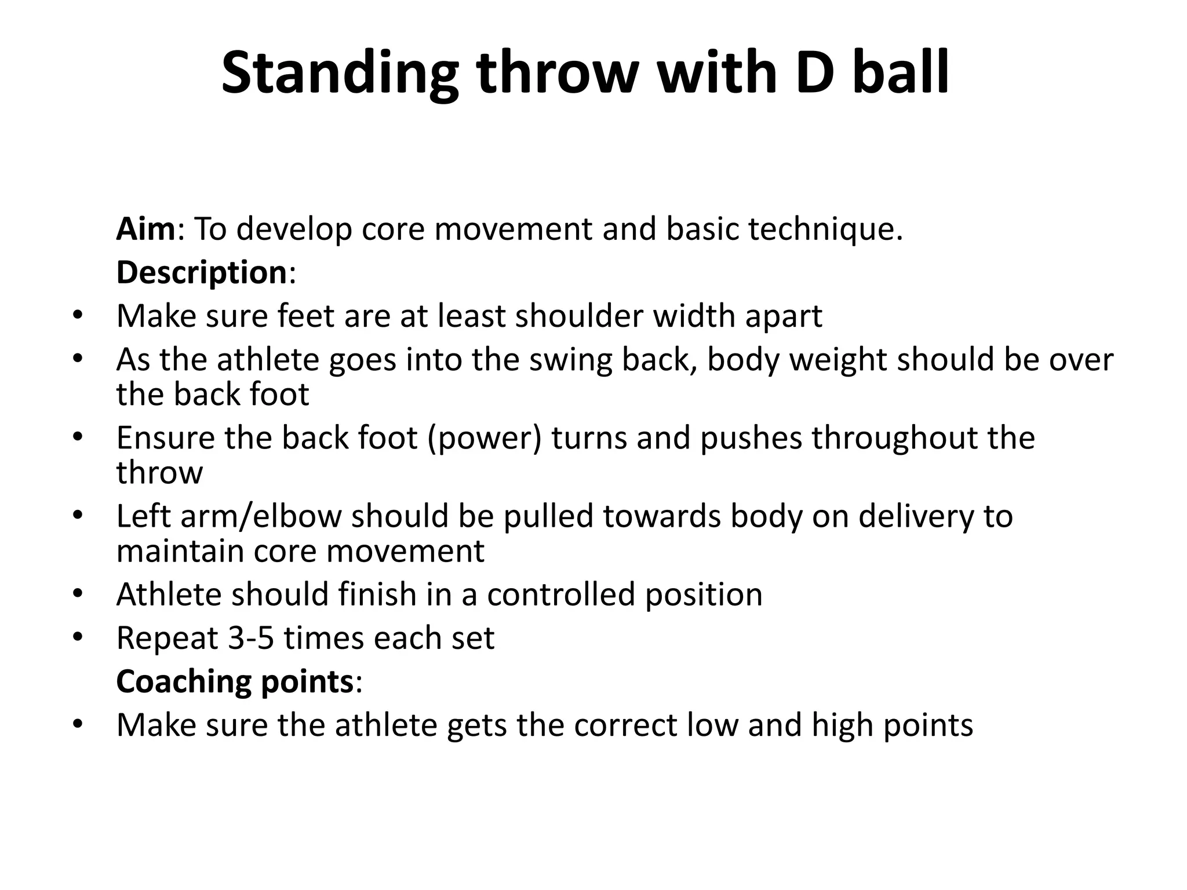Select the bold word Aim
[145, 229]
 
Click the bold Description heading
[202, 272]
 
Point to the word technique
[825, 229]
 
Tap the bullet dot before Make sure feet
[78, 317]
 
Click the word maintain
[180, 550]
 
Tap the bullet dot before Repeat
[78, 639]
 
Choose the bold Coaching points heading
[235, 681]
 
